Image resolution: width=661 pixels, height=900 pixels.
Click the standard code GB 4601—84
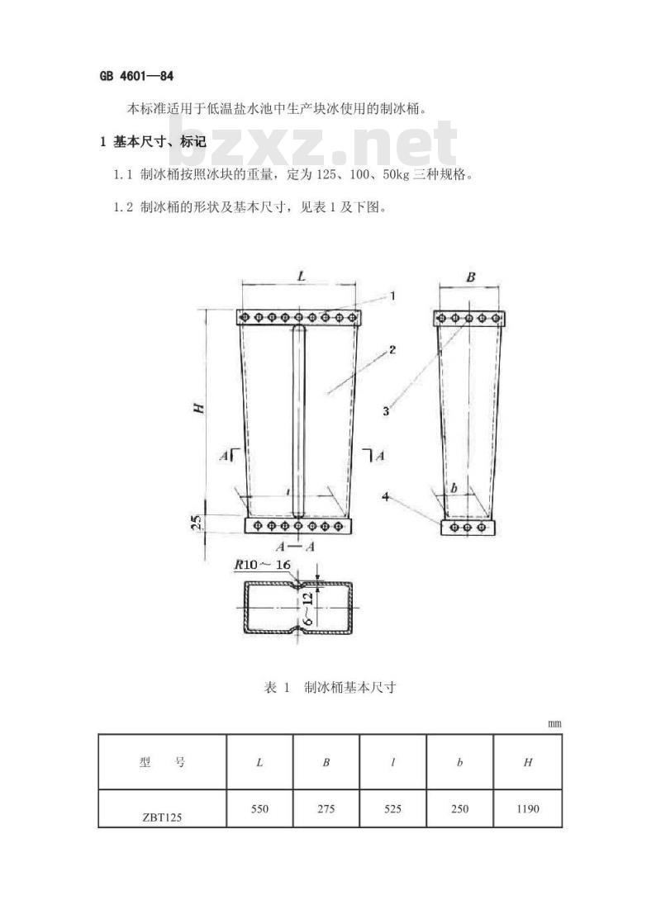point(136,76)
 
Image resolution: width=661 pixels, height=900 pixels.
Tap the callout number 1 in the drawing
point(392,296)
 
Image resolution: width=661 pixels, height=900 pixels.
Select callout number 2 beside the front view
point(392,349)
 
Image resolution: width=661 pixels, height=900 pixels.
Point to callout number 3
point(386,411)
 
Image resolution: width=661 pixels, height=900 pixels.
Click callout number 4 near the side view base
point(386,496)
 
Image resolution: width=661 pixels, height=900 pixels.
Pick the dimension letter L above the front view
point(301,277)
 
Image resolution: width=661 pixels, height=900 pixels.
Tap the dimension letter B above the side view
point(471,277)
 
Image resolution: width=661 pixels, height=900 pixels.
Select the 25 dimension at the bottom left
point(197,521)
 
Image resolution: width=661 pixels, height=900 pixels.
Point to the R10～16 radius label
point(263,565)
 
